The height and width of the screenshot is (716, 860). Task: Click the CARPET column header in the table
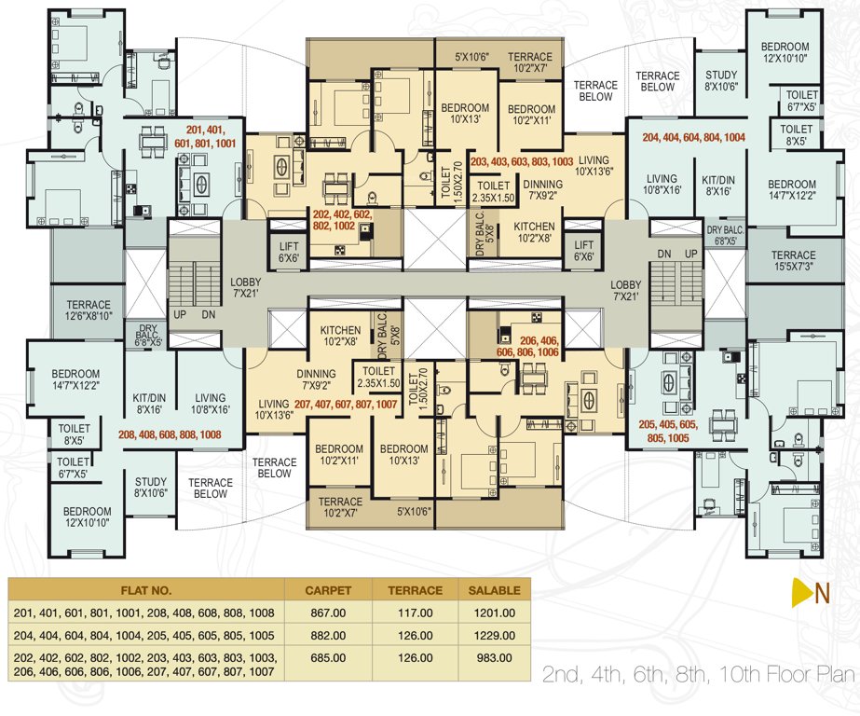pyautogui.click(x=328, y=590)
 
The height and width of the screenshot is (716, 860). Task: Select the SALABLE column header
pyautogui.click(x=489, y=590)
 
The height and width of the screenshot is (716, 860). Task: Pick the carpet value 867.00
pyautogui.click(x=328, y=613)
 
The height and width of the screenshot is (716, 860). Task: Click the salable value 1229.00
pyautogui.click(x=489, y=635)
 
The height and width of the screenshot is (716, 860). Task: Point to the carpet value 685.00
pyautogui.click(x=328, y=657)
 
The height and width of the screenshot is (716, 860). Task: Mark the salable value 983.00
pyautogui.click(x=489, y=657)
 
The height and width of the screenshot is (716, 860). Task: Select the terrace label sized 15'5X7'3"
pyautogui.click(x=793, y=261)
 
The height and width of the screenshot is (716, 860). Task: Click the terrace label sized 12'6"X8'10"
pyautogui.click(x=88, y=310)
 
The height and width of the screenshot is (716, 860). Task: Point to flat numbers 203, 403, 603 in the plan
pyautogui.click(x=521, y=161)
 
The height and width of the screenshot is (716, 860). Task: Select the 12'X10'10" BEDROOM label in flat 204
pyautogui.click(x=784, y=53)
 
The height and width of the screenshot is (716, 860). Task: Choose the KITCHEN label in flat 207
pyautogui.click(x=340, y=337)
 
